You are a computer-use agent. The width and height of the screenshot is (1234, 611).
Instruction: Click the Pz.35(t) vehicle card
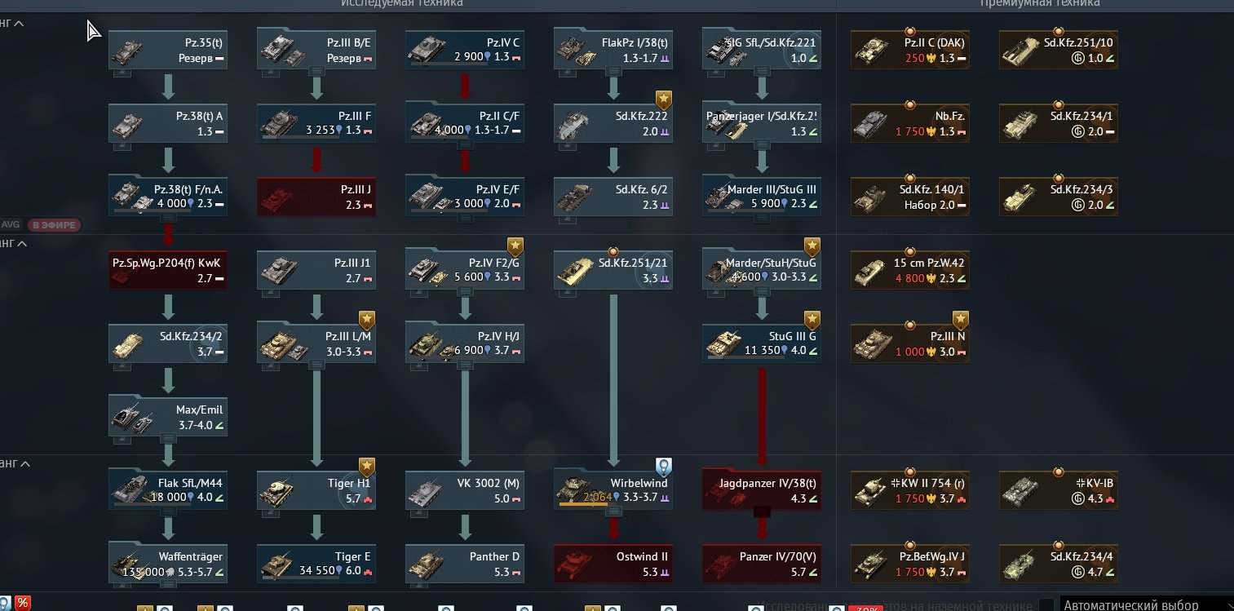pyautogui.click(x=168, y=50)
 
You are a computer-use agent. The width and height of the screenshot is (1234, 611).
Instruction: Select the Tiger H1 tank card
pyautogui.click(x=316, y=490)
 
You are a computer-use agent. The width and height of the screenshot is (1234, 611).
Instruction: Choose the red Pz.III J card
pyautogui.click(x=316, y=197)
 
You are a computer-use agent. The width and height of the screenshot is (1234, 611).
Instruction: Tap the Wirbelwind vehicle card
pyautogui.click(x=613, y=490)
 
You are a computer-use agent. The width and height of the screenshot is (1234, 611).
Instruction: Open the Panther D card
pyautogui.click(x=465, y=564)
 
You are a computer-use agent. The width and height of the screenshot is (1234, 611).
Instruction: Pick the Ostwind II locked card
pyautogui.click(x=613, y=564)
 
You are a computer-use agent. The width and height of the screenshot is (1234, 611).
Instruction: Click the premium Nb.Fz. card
pyautogui.click(x=910, y=123)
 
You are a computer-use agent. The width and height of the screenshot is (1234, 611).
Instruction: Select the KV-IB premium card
pyautogui.click(x=1059, y=490)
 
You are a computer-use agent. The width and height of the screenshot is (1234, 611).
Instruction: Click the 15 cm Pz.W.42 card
pyautogui.click(x=910, y=270)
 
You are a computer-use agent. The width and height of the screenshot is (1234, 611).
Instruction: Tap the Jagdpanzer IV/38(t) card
pyautogui.click(x=762, y=490)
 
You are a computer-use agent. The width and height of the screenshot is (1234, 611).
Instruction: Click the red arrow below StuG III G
pyautogui.click(x=762, y=416)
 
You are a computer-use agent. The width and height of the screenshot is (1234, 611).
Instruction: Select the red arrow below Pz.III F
pyautogui.click(x=316, y=159)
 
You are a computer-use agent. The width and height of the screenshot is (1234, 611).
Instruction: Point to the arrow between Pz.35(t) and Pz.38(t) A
pyautogui.click(x=168, y=86)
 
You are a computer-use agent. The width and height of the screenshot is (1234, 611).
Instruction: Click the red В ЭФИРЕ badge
pyautogui.click(x=55, y=225)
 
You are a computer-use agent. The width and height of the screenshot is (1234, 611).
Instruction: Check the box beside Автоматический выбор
pyautogui.click(x=1046, y=605)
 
